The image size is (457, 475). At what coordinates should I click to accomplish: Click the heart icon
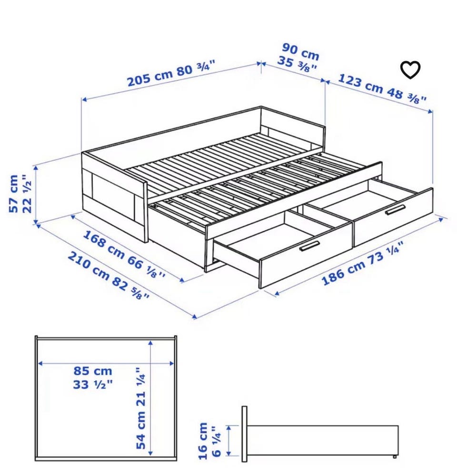pyautogui.click(x=410, y=70)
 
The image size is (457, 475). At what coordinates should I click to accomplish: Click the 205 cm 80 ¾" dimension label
pyautogui.click(x=171, y=74)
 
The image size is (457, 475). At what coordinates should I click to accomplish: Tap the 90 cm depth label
pyautogui.click(x=301, y=52)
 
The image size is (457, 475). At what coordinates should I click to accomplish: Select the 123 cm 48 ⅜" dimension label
pyautogui.click(x=382, y=89)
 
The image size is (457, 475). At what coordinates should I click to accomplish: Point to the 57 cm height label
pyautogui.click(x=14, y=194)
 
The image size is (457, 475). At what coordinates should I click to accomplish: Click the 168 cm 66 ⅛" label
pyautogui.click(x=124, y=254)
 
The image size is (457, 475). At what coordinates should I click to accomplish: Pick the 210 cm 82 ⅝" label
pyautogui.click(x=109, y=276)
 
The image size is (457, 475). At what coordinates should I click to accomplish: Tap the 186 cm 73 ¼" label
pyautogui.click(x=362, y=263)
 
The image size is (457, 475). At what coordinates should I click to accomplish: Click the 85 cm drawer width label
pyautogui.click(x=93, y=371)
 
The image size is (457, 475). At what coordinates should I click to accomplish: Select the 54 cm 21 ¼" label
pyautogui.click(x=141, y=409)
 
